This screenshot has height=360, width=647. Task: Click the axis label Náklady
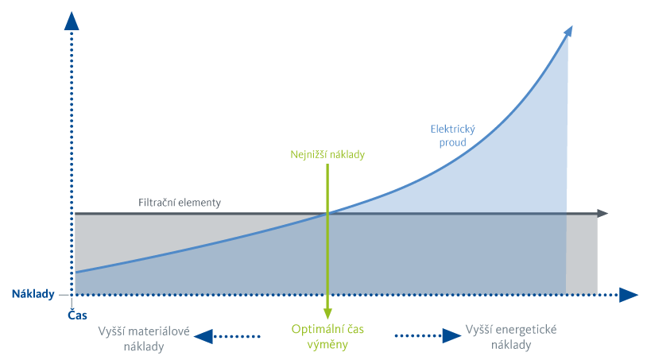tap(33, 294)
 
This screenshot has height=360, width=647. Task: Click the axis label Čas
tap(77, 315)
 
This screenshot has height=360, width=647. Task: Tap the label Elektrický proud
tap(452, 135)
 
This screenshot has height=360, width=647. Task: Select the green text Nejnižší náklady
tap(327, 155)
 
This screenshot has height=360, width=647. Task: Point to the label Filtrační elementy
tap(179, 203)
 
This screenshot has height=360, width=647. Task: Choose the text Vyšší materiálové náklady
tap(143, 338)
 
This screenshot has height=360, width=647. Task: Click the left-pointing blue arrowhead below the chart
tap(203, 336)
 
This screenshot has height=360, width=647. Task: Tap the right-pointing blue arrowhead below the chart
tap(452, 335)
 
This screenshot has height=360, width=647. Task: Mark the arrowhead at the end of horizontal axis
tap(630, 295)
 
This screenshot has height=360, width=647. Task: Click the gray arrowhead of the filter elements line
tap(603, 213)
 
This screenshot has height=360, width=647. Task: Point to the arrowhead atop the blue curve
tap(568, 31)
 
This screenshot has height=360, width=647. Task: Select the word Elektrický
tap(452, 129)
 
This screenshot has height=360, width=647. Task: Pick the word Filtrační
tap(157, 203)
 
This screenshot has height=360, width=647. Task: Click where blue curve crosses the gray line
tap(327, 212)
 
